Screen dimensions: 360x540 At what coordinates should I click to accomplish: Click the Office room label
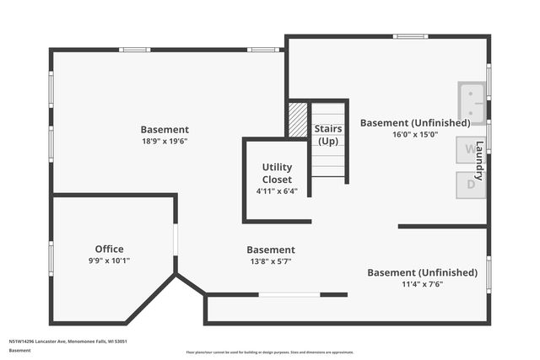coord(109,249)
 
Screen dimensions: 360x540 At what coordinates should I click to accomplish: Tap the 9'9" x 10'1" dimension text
coord(109,261)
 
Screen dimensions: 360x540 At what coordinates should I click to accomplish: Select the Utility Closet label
coord(277,173)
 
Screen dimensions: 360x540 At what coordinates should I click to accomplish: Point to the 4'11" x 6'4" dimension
coord(277,191)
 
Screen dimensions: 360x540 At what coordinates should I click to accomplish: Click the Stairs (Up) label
coord(328,134)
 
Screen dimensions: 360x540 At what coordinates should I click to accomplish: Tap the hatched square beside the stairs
coord(298,119)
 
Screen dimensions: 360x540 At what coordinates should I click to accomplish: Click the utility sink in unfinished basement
coord(471,102)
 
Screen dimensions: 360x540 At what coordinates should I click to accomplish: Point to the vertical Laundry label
coord(479,160)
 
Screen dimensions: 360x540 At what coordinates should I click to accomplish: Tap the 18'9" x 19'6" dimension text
coord(165,141)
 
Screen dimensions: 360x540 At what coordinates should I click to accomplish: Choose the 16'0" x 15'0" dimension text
coord(415,134)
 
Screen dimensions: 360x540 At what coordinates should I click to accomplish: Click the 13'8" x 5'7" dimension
coord(271,261)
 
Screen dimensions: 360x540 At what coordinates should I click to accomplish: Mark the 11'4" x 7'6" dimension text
coord(416,284)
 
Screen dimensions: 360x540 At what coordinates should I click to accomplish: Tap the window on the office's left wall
coord(51,258)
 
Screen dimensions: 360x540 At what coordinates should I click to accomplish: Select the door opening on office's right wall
coord(175,239)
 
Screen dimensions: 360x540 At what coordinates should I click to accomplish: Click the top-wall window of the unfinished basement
coord(410,36)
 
